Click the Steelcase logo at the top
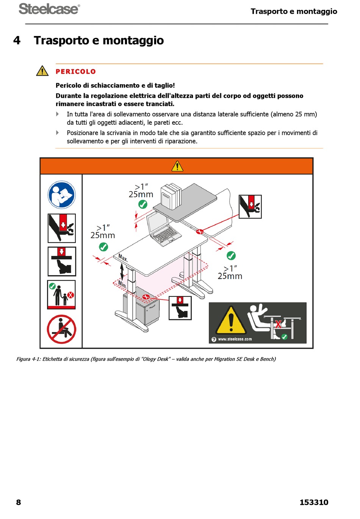[x=49, y=9]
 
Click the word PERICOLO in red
[x=76, y=72]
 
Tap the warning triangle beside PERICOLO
[x=42, y=71]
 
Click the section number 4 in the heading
[x=17, y=40]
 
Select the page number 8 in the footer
[x=19, y=502]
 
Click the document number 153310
[x=314, y=502]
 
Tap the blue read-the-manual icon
[x=62, y=195]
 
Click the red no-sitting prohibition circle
[x=62, y=329]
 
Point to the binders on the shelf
[x=171, y=196]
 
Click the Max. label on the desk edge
[x=123, y=258]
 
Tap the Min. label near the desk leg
[x=122, y=283]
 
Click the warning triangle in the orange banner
[x=177, y=166]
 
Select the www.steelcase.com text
[x=235, y=339]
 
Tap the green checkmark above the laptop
[x=142, y=204]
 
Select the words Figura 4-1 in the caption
[x=28, y=359]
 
